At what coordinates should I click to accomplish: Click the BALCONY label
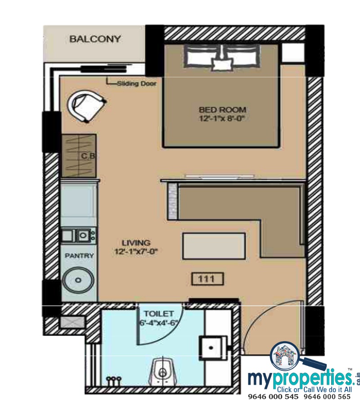[x=95, y=39]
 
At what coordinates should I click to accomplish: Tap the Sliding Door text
[x=137, y=84]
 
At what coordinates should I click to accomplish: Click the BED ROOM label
[x=222, y=109]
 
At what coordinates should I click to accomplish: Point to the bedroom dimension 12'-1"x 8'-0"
[x=221, y=118]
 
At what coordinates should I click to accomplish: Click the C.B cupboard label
[x=88, y=156]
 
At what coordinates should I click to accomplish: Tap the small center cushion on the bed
[x=222, y=64]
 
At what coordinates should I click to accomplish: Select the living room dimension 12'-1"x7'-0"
[x=136, y=252]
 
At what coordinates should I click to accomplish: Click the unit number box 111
[x=207, y=279]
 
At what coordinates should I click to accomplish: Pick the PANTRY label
[x=79, y=256]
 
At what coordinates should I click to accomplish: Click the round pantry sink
[x=78, y=280]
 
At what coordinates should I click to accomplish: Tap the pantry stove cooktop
[x=79, y=235]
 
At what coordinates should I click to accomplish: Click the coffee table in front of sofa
[x=214, y=246]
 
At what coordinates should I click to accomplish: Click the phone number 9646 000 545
[x=273, y=397]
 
